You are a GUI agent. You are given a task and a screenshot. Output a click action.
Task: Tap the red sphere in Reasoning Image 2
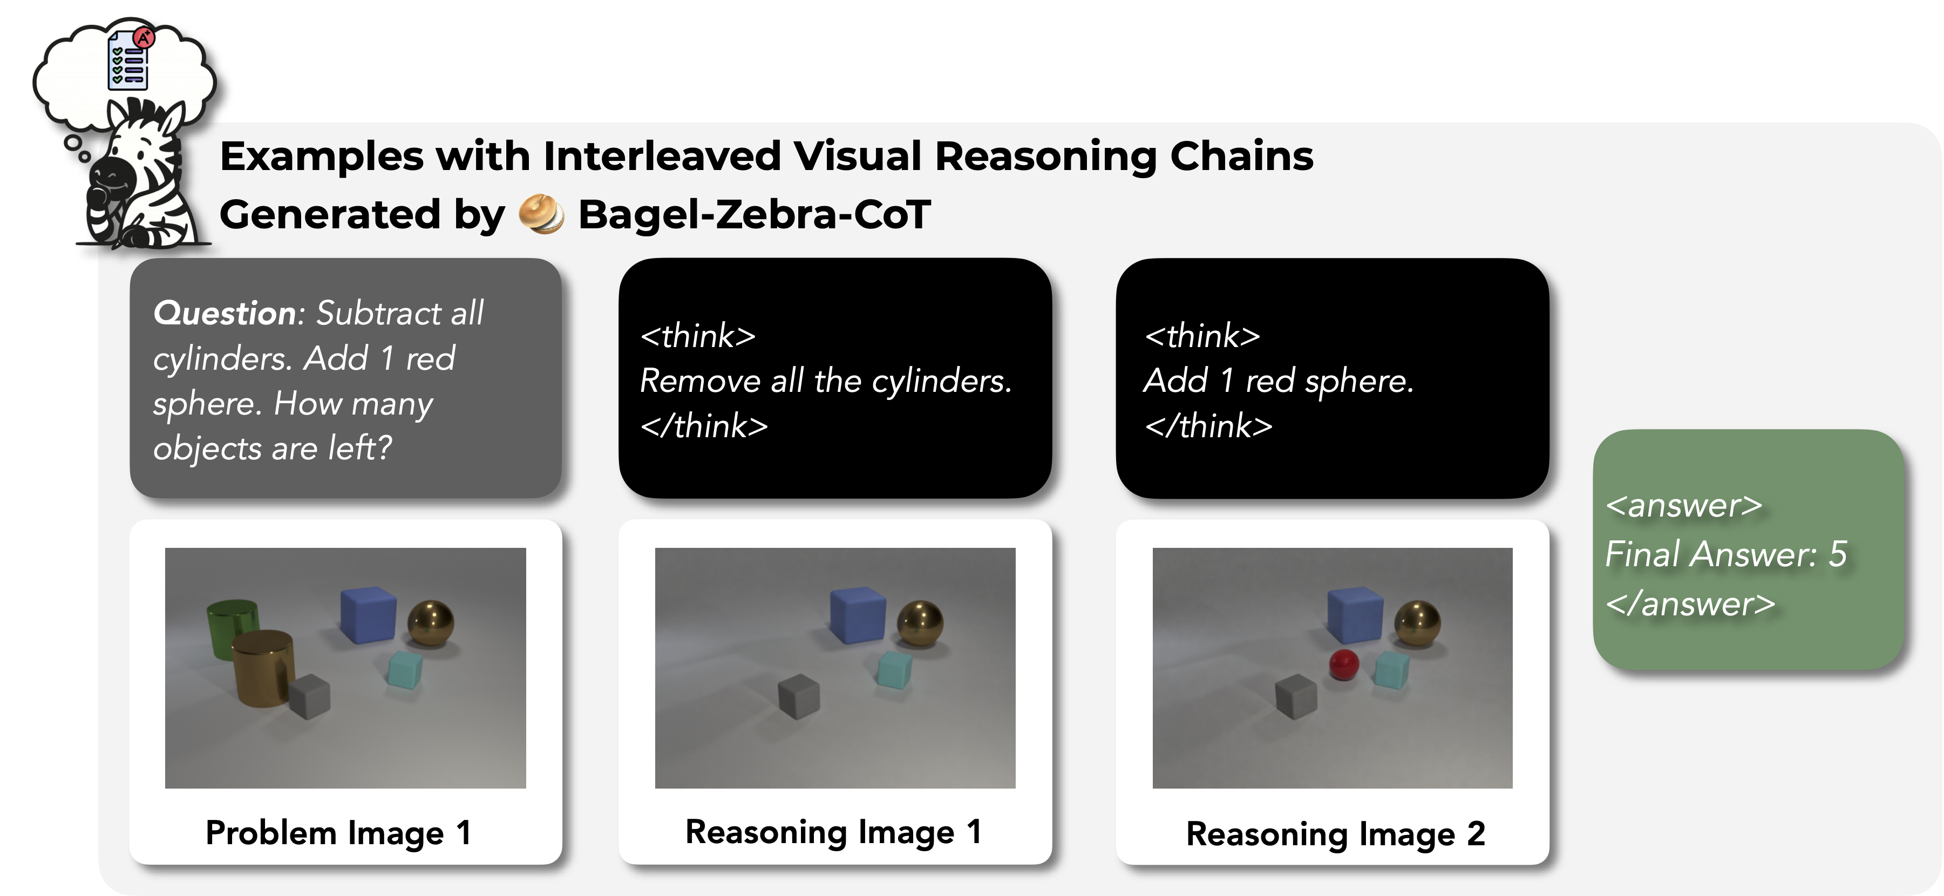point(1343,664)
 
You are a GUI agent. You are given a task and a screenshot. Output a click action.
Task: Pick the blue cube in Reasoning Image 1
point(858,615)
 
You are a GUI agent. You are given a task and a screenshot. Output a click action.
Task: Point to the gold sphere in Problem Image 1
point(431,623)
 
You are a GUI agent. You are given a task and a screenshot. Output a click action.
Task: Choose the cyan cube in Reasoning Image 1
point(894,669)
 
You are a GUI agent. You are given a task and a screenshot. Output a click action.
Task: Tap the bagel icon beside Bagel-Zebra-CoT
point(541,214)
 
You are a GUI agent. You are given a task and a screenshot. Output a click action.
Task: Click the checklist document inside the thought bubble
point(129,59)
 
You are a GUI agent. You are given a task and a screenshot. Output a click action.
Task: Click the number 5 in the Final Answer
point(1838,554)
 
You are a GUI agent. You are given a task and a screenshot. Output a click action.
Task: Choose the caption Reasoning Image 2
point(1336,834)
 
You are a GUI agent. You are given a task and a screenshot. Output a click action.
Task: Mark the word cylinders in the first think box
point(942,381)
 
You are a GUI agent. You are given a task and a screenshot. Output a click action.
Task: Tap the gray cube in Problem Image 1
point(309,696)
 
